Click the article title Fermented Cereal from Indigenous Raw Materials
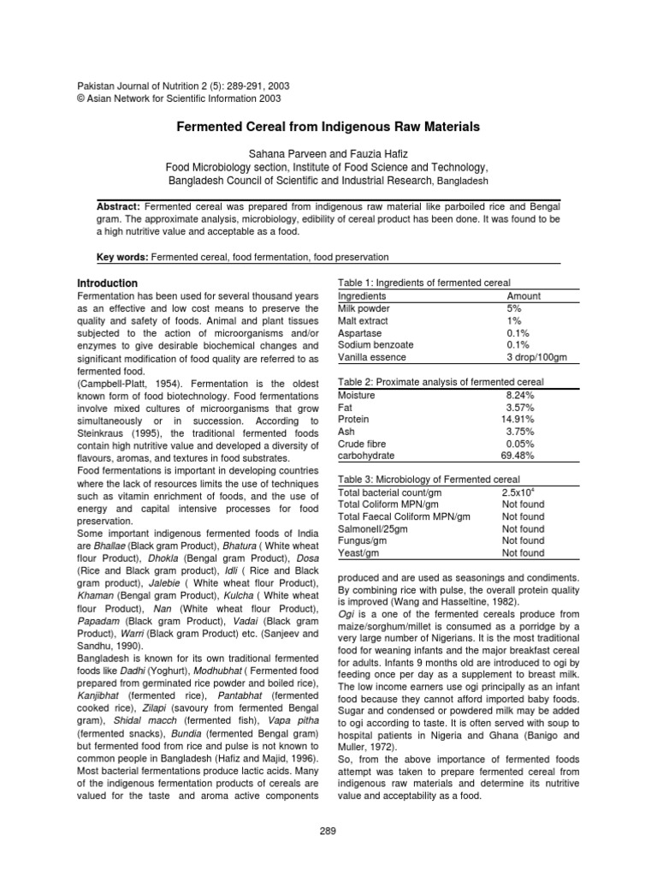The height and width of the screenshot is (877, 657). pos(328,127)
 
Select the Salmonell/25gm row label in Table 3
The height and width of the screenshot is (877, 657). pos(373,529)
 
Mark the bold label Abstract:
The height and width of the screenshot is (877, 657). pos(119,207)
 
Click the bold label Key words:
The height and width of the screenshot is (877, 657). pos(121,257)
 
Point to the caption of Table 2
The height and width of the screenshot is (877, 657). pos(441,382)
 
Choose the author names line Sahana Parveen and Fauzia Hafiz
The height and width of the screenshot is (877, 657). pos(328,152)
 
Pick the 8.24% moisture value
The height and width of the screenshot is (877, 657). pos(521,395)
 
